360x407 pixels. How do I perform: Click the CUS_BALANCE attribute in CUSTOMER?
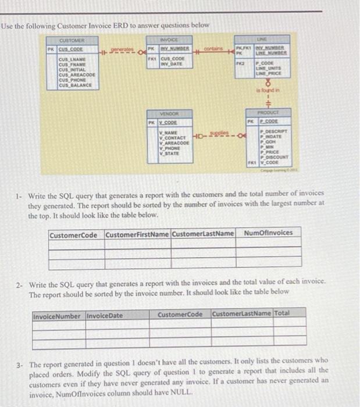point(76,85)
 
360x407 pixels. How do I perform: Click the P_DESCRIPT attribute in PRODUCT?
point(271,133)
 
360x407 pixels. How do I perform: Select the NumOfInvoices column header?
point(269,233)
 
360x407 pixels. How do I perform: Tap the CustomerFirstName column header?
point(137,234)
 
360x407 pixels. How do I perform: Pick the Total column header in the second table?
point(281,314)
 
